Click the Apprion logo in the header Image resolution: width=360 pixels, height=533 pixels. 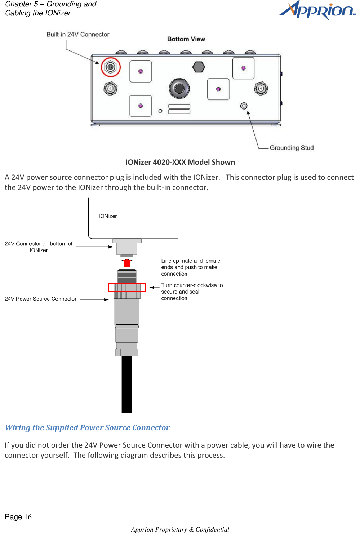[317, 10]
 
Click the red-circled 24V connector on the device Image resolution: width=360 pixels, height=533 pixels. [111, 67]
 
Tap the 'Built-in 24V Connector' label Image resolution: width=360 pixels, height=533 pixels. [78, 34]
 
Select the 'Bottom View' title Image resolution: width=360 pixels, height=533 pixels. [186, 39]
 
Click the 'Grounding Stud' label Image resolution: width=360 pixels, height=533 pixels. [292, 148]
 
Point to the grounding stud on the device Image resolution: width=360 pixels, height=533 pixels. [244, 106]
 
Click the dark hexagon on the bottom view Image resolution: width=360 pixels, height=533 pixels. [199, 67]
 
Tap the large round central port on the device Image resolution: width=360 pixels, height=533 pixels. [179, 88]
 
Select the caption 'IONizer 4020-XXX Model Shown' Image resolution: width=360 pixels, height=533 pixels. [180, 162]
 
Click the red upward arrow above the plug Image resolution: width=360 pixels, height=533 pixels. [127, 263]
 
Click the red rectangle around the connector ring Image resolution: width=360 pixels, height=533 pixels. [127, 287]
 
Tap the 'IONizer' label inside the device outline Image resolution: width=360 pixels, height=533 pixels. [108, 216]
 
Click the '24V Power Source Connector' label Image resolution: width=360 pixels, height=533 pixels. [40, 299]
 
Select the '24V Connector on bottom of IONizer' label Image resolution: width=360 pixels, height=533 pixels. [39, 247]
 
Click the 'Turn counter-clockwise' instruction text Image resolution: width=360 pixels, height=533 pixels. [192, 291]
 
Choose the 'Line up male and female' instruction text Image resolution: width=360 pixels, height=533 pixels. [191, 267]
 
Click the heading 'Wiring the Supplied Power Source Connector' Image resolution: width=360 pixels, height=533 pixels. [87, 428]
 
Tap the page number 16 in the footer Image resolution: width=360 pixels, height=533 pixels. [28, 517]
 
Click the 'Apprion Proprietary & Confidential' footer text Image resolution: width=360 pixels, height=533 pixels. [180, 529]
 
